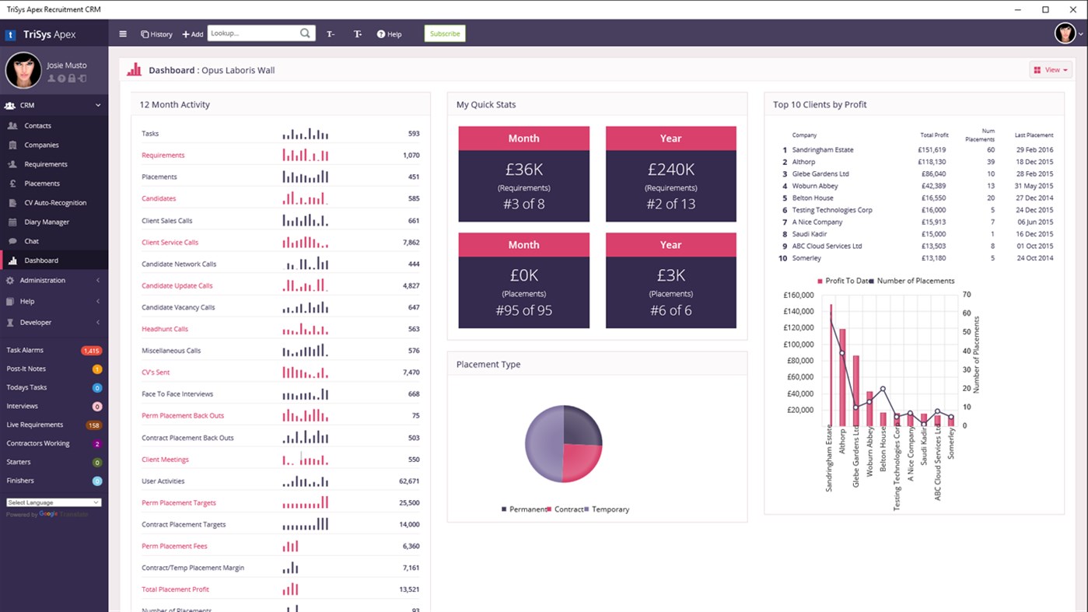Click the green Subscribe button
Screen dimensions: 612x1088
point(444,33)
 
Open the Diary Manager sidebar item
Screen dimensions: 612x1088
point(47,222)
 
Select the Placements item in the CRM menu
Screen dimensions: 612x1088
point(42,184)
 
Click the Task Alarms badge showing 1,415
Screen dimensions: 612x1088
point(91,351)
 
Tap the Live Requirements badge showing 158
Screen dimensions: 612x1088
point(93,425)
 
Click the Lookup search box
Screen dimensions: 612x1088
point(254,33)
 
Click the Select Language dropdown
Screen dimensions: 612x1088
point(53,502)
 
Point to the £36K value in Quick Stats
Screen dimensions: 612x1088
point(523,170)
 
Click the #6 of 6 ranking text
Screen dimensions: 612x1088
point(670,310)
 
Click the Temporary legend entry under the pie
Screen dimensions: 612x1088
point(610,509)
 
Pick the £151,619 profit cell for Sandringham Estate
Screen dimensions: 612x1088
point(932,150)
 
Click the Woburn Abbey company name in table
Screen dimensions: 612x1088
point(814,186)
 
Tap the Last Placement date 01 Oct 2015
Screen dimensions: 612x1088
point(1034,246)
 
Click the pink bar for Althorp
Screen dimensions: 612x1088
point(842,377)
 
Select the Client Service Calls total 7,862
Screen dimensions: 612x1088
point(411,243)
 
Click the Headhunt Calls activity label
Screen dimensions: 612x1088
point(165,329)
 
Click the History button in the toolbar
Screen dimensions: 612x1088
point(156,34)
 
